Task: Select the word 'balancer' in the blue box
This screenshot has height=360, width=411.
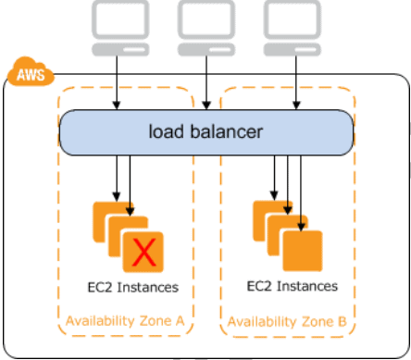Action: pyautogui.click(x=228, y=131)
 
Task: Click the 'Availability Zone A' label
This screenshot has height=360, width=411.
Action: pyautogui.click(x=125, y=322)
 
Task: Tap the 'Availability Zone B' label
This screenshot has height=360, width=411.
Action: pyautogui.click(x=288, y=322)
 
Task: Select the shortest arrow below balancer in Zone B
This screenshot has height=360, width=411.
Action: pyautogui.click(x=275, y=178)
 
